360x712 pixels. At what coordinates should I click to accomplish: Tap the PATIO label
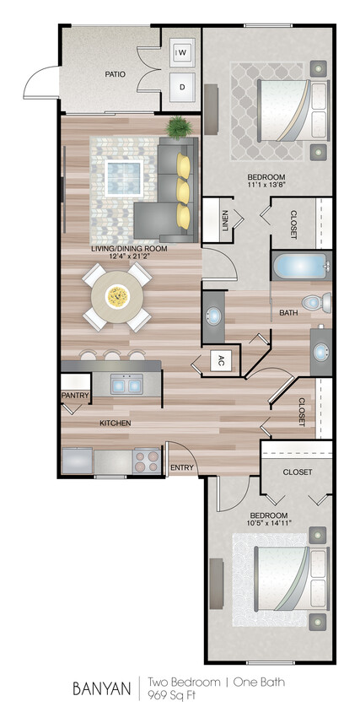click(x=116, y=74)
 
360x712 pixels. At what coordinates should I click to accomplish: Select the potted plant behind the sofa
click(x=179, y=127)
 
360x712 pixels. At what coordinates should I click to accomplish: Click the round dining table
click(x=117, y=296)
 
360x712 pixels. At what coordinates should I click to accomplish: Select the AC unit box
click(x=221, y=361)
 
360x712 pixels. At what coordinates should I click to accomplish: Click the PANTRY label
click(x=74, y=395)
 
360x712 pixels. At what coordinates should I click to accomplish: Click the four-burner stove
click(x=146, y=461)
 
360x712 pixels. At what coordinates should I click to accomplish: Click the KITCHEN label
click(x=116, y=422)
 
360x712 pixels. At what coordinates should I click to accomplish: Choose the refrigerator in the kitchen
click(x=77, y=461)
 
